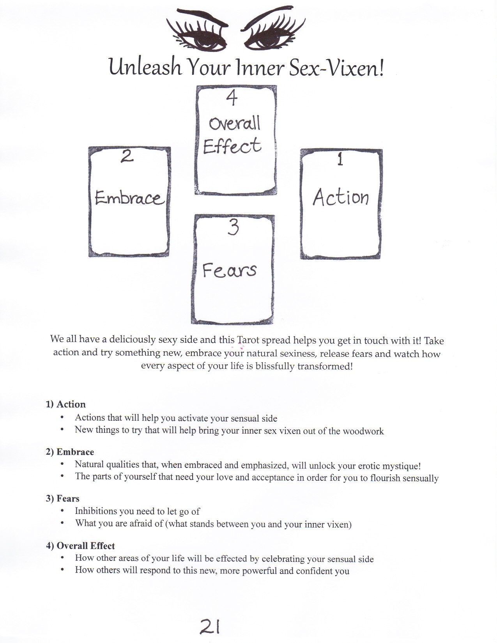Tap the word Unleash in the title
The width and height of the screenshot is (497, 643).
pyautogui.click(x=145, y=67)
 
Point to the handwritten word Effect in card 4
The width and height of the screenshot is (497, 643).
pyautogui.click(x=232, y=145)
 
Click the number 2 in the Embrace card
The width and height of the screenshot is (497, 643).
pyautogui.click(x=127, y=156)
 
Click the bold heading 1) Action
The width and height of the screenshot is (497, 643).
pyautogui.click(x=65, y=404)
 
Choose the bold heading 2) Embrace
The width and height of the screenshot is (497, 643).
pyautogui.click(x=70, y=452)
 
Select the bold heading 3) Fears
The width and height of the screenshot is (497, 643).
pyautogui.click(x=63, y=499)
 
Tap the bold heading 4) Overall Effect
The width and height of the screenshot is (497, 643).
pyautogui.click(x=80, y=546)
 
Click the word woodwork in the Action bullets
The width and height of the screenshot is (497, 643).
pyautogui.click(x=363, y=431)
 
